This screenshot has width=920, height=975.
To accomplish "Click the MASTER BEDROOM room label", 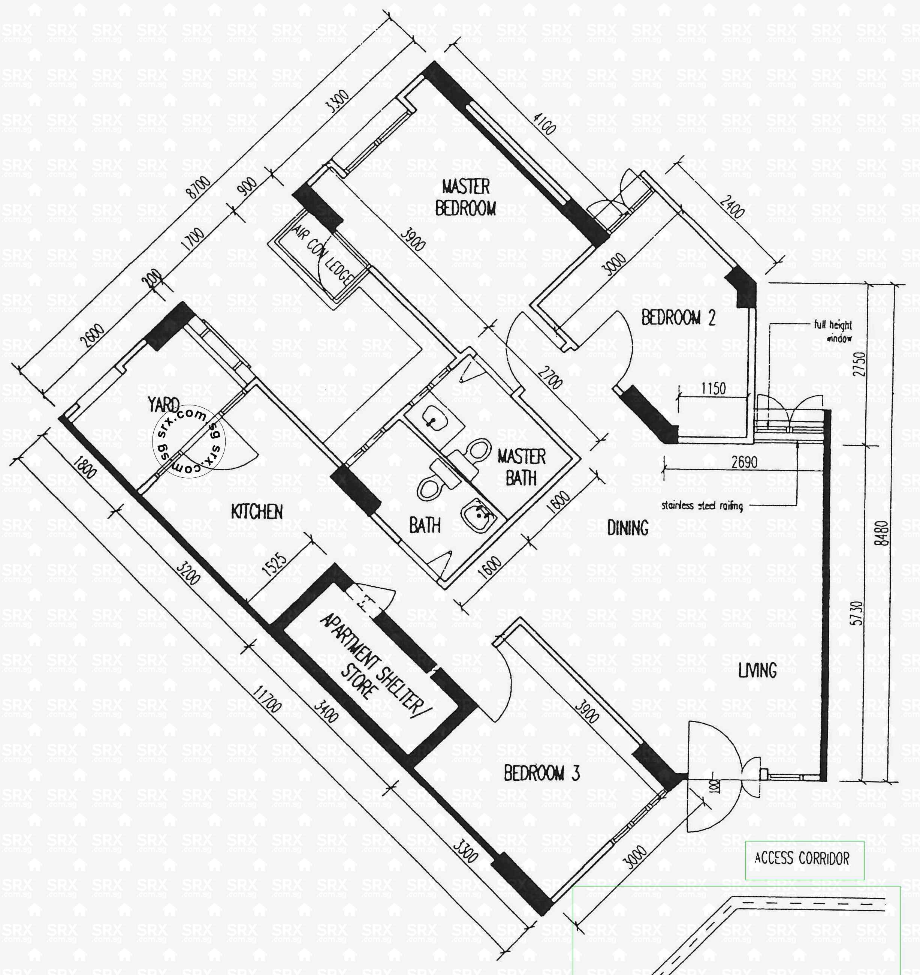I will pyautogui.click(x=465, y=197).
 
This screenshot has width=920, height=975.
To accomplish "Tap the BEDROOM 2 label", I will pyautogui.click(x=678, y=318).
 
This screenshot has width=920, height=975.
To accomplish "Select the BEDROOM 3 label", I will pyautogui.click(x=542, y=774).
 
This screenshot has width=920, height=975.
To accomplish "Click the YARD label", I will pyautogui.click(x=163, y=405).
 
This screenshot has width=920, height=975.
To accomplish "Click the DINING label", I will pyautogui.click(x=627, y=528).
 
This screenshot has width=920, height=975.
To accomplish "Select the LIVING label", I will pyautogui.click(x=757, y=670).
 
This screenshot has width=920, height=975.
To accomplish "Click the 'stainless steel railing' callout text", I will pyautogui.click(x=702, y=505).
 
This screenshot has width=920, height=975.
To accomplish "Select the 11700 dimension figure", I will pyautogui.click(x=267, y=699).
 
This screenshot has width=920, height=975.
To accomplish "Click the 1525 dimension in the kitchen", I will pyautogui.click(x=274, y=564).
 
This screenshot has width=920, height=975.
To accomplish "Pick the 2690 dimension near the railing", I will pyautogui.click(x=744, y=462).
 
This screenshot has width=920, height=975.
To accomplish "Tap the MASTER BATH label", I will pyautogui.click(x=521, y=467).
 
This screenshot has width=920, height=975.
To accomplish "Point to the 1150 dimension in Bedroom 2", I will pyautogui.click(x=713, y=389).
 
